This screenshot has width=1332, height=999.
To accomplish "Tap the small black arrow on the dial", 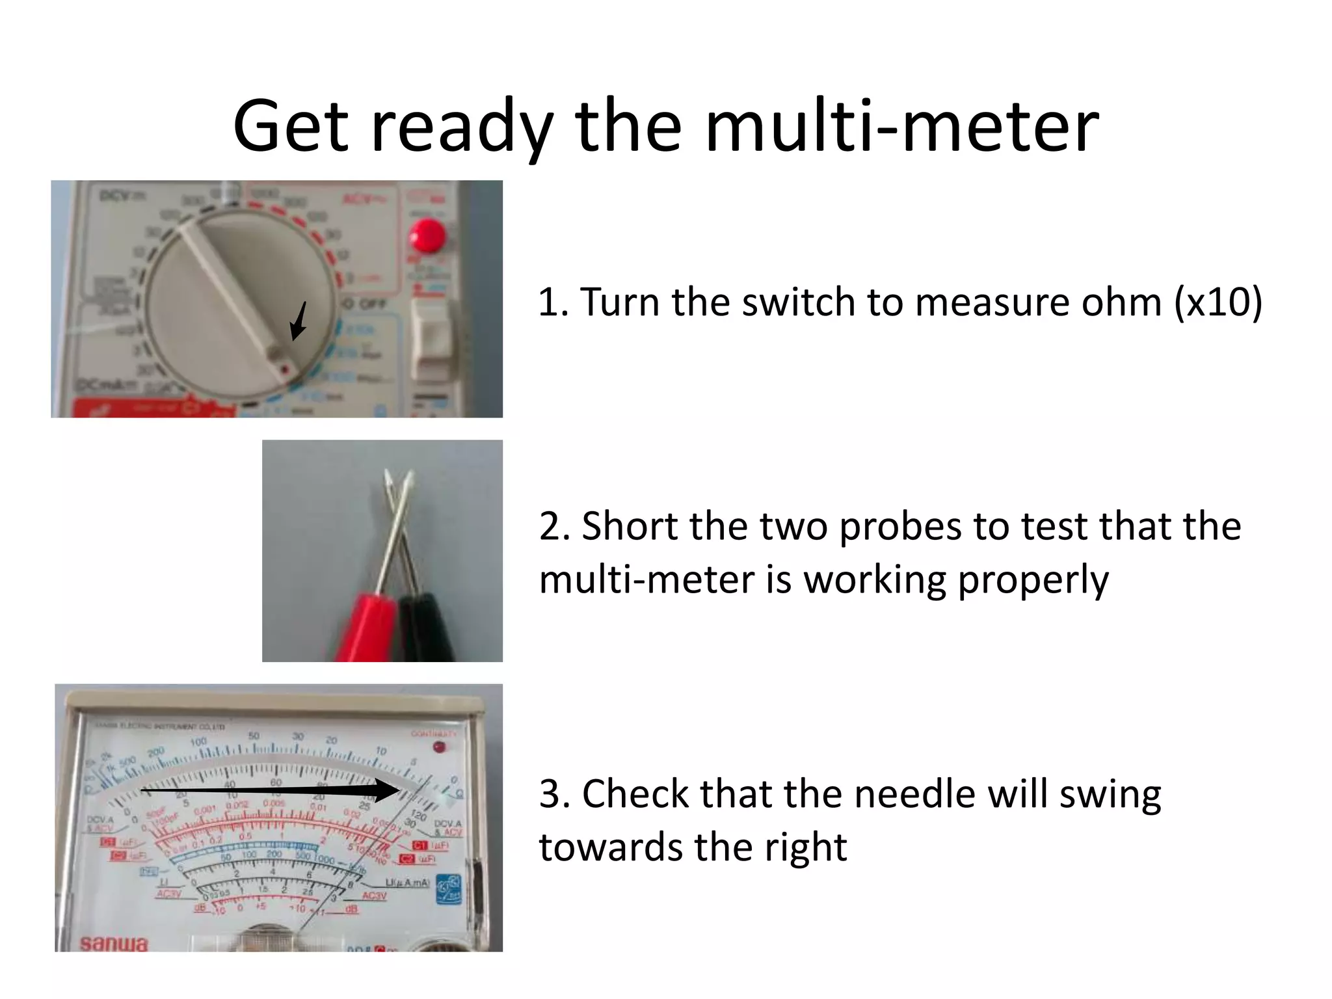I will point(299,321).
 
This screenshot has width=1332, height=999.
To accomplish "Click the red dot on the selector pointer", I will point(284,369).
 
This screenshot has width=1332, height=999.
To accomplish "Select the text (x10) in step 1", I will point(1218,303).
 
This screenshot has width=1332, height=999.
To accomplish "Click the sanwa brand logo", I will point(114,942).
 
